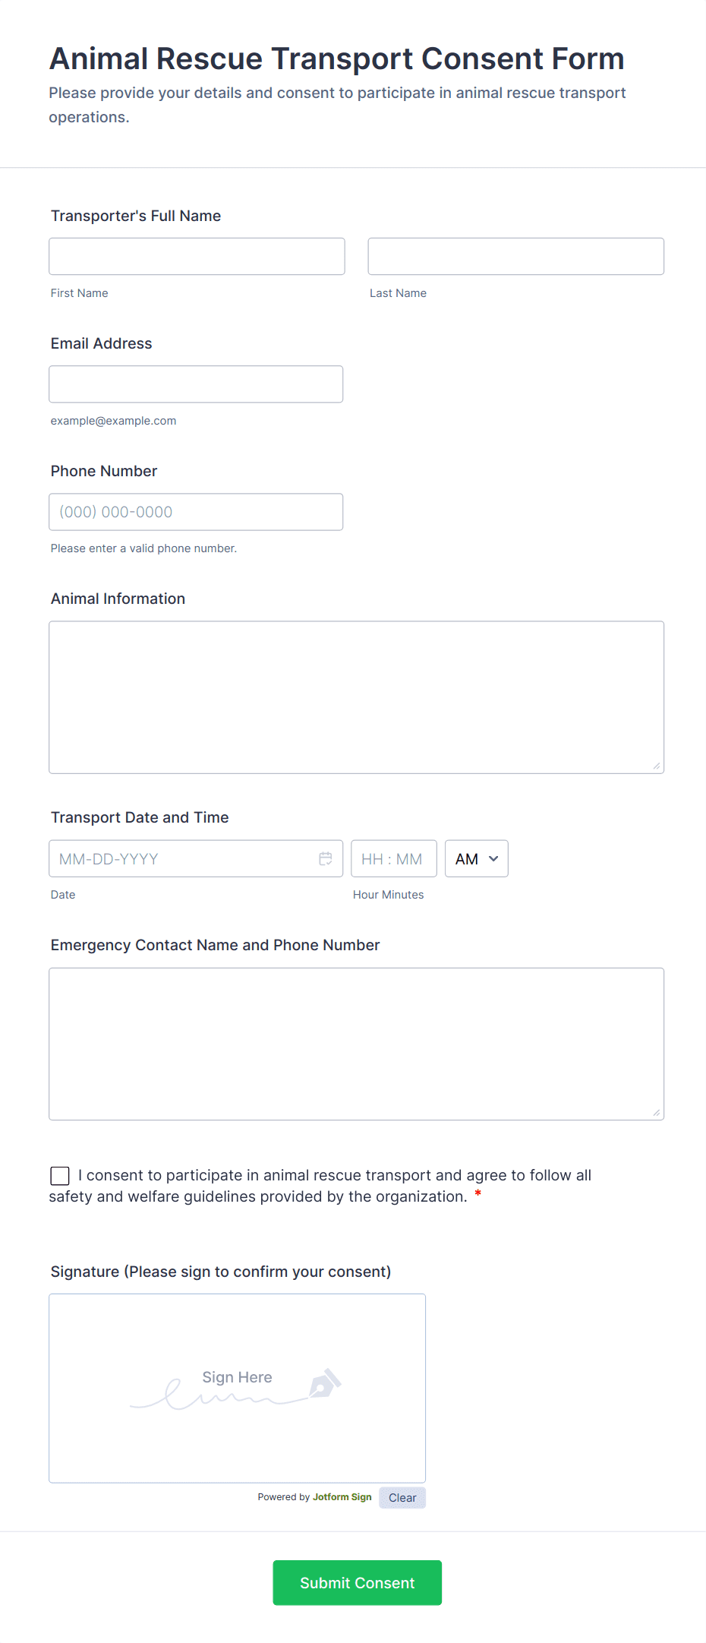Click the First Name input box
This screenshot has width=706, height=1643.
197,257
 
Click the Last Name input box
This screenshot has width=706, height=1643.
515,257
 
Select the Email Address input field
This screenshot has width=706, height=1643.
196,384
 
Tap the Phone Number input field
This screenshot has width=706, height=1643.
196,512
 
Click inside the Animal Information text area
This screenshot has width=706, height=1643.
356,697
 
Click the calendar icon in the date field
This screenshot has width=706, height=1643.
326,858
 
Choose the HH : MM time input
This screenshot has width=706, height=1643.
393,859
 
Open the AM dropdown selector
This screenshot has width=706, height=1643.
476,859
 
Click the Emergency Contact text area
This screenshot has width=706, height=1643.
356,1044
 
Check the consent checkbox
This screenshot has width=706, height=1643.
60,1176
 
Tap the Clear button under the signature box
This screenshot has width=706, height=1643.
402,1498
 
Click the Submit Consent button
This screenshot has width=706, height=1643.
357,1583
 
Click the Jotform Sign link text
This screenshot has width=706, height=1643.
342,1497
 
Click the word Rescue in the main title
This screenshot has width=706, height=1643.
209,59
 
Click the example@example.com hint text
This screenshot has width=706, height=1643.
113,421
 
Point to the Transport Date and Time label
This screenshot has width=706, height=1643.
140,817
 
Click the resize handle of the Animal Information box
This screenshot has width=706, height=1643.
657,766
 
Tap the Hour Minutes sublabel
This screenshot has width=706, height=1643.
388,895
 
